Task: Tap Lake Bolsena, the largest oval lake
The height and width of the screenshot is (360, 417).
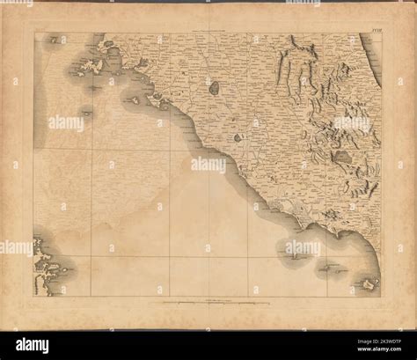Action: click(214, 87)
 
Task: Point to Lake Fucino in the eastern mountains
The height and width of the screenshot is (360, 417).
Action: click(342, 156)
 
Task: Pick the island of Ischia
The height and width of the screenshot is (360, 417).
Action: click(367, 283)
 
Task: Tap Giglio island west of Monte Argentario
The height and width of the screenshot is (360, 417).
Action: click(134, 100)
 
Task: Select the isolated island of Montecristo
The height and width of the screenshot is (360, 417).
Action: click(86, 111)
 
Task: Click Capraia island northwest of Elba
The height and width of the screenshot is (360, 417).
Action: click(59, 40)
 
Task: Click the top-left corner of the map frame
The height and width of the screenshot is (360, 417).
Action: click(34, 33)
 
